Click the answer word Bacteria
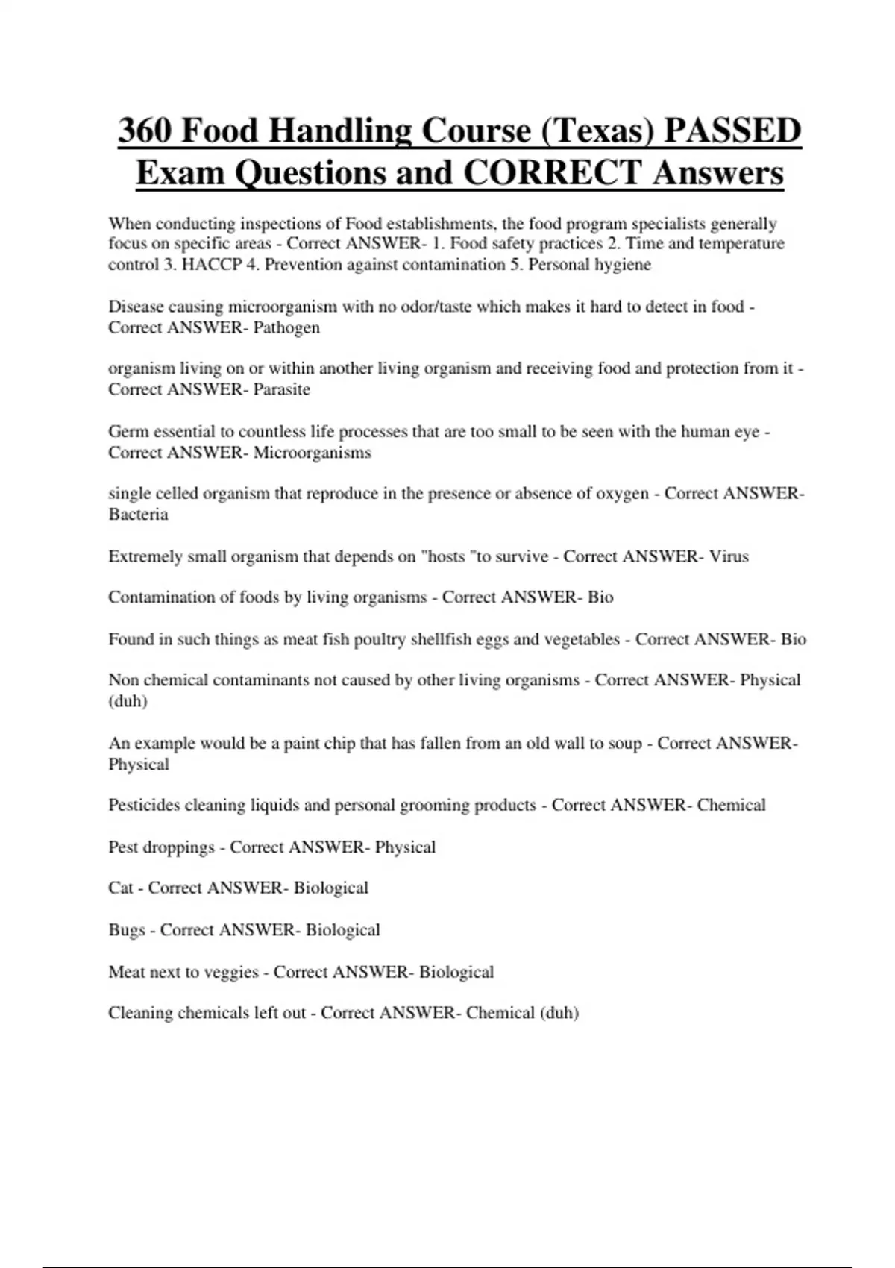pos(138,515)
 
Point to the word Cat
pos(120,888)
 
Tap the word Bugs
pos(126,930)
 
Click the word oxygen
pos(622,495)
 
